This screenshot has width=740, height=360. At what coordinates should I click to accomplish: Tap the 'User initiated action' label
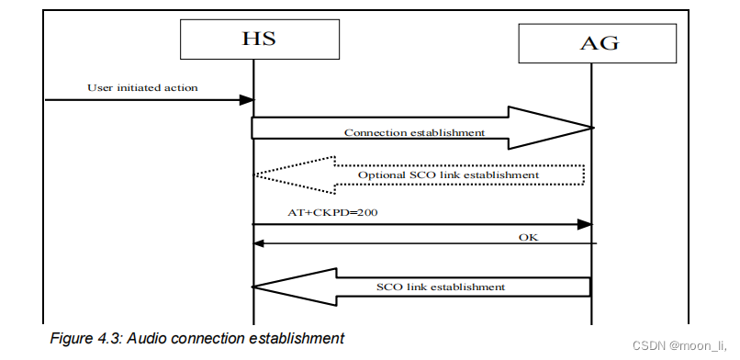click(142, 88)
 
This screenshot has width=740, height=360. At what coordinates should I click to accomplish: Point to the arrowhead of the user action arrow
click(246, 99)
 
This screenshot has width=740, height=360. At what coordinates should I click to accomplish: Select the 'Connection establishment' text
click(414, 132)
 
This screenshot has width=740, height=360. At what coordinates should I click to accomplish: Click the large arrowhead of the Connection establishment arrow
click(551, 128)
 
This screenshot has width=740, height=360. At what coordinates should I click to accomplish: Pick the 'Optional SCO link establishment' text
click(448, 174)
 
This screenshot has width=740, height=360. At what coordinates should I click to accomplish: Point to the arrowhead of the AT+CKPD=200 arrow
click(583, 224)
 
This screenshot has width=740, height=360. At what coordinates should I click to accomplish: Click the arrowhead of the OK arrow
click(260, 243)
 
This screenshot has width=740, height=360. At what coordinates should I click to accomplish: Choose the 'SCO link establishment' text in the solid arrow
click(442, 287)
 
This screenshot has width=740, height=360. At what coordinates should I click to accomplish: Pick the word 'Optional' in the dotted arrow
click(378, 174)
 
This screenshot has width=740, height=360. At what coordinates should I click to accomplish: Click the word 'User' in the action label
click(99, 88)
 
